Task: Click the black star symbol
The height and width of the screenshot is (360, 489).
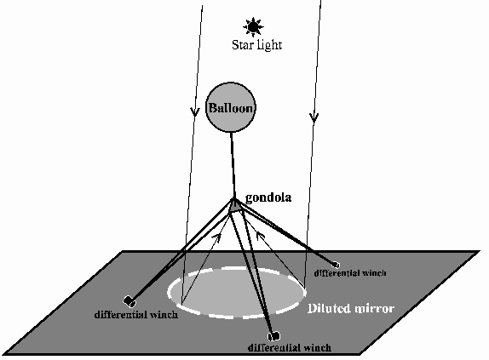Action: (253, 27)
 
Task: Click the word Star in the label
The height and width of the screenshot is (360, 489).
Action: (242, 45)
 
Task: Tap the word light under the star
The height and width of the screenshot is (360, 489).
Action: (269, 45)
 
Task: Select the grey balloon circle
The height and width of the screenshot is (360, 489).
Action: (231, 107)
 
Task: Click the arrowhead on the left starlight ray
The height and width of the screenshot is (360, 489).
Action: (195, 111)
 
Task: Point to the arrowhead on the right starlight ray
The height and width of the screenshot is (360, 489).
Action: (314, 117)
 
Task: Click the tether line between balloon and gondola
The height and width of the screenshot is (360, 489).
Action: (233, 165)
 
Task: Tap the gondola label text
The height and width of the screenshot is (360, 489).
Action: (268, 197)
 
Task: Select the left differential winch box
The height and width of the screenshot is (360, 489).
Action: (129, 301)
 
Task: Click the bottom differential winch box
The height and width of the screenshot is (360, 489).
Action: (273, 336)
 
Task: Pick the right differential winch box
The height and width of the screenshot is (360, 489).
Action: (336, 265)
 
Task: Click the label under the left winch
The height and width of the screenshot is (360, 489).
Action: (136, 314)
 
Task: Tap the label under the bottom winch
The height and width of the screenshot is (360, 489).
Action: (290, 347)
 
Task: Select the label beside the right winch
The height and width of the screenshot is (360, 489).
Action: (350, 273)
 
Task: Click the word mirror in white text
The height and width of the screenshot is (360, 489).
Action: (371, 308)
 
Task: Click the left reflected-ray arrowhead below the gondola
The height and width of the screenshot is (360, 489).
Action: (217, 238)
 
